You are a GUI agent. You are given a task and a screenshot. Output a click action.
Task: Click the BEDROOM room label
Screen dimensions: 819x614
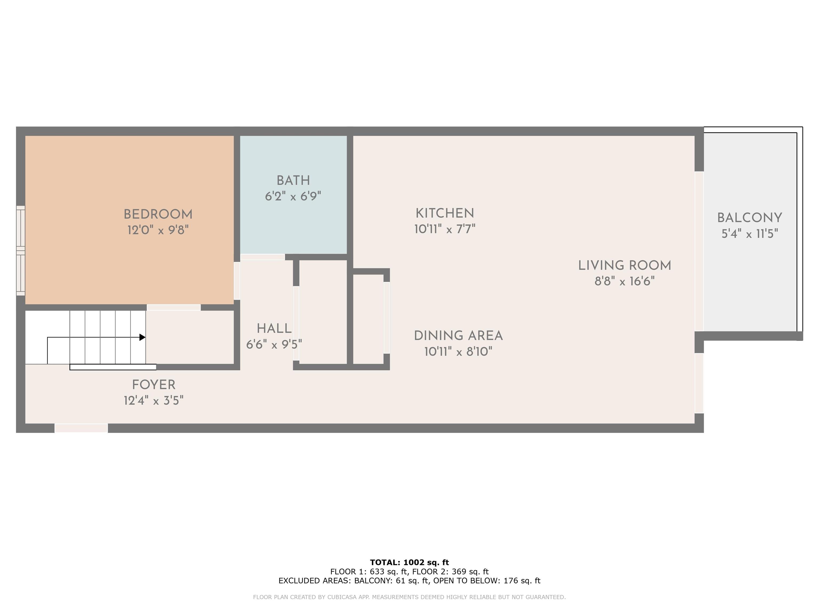(x=158, y=214)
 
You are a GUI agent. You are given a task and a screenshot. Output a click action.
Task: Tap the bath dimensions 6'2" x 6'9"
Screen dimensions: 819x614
(x=293, y=196)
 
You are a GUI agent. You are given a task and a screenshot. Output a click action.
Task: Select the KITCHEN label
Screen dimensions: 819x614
(x=445, y=213)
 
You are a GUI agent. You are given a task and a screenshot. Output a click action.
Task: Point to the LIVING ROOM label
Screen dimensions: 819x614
(x=625, y=265)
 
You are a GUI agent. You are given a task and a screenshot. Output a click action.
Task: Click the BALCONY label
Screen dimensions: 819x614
(x=749, y=218)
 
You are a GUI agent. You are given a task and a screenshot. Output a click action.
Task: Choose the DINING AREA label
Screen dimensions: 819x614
(x=458, y=336)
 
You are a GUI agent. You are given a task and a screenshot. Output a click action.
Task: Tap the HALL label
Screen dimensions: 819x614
(x=274, y=328)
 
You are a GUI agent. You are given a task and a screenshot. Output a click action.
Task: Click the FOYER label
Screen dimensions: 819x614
(x=154, y=385)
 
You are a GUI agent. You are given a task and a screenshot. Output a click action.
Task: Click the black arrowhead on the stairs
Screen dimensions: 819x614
(x=142, y=337)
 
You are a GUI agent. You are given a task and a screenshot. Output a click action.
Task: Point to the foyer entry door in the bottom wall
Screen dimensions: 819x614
(x=81, y=428)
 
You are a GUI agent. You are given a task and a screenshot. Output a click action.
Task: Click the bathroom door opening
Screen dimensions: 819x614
(x=263, y=257)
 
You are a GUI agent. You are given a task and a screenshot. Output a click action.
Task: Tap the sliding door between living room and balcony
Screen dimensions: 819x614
(x=699, y=251)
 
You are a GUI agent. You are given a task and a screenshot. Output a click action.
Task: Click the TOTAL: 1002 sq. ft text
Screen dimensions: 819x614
(x=409, y=563)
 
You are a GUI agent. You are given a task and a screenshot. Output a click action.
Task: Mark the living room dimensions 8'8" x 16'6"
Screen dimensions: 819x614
(x=625, y=281)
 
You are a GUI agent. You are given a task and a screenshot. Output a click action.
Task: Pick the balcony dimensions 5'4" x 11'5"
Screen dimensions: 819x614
(x=750, y=233)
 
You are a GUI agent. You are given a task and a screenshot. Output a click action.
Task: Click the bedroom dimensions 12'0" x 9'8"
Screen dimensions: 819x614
(x=158, y=230)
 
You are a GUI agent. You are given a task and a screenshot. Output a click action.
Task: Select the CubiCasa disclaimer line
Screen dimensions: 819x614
(x=409, y=597)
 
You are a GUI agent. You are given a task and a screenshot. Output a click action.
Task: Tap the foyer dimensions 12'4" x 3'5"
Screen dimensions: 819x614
(x=154, y=401)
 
